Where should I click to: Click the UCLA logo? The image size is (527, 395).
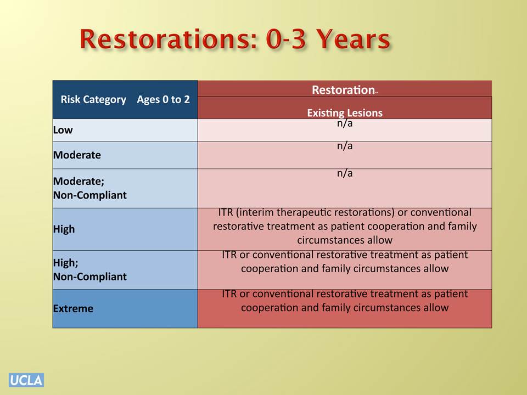point(26,380)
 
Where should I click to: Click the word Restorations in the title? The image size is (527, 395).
point(170,39)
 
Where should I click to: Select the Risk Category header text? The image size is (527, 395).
point(93,99)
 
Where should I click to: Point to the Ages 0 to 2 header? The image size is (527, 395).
point(164,99)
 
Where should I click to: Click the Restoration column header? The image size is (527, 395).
point(343,89)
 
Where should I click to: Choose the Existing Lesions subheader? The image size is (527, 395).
point(345,113)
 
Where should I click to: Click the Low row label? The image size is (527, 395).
point(63,130)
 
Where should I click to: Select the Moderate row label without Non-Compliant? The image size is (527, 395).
point(77,155)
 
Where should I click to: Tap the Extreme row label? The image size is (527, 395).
point(73,308)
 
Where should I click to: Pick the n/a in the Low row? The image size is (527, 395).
point(345,123)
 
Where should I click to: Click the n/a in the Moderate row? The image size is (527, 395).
point(345,146)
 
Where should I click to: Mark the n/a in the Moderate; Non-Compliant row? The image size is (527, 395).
point(345,173)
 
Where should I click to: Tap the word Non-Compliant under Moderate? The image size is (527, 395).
point(90,195)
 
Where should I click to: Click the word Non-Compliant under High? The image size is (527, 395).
point(90,276)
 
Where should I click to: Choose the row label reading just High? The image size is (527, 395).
point(64,229)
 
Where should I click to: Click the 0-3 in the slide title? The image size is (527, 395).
point(286,39)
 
